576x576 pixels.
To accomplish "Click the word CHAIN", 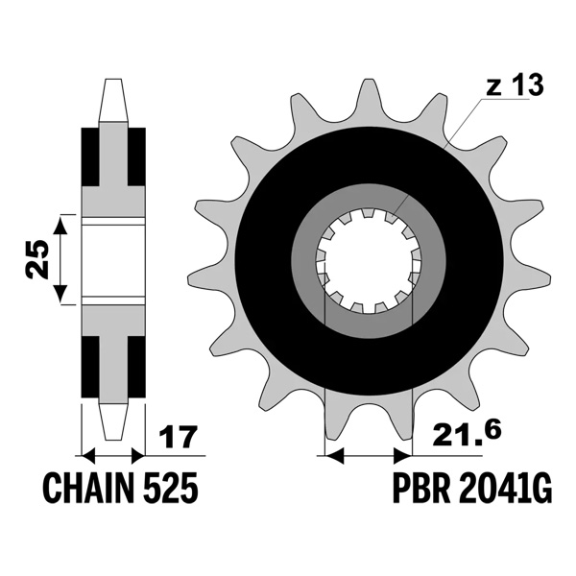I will (x=89, y=491).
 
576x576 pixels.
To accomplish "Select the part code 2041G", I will (x=508, y=491).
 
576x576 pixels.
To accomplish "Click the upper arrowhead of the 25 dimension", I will (x=60, y=225).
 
